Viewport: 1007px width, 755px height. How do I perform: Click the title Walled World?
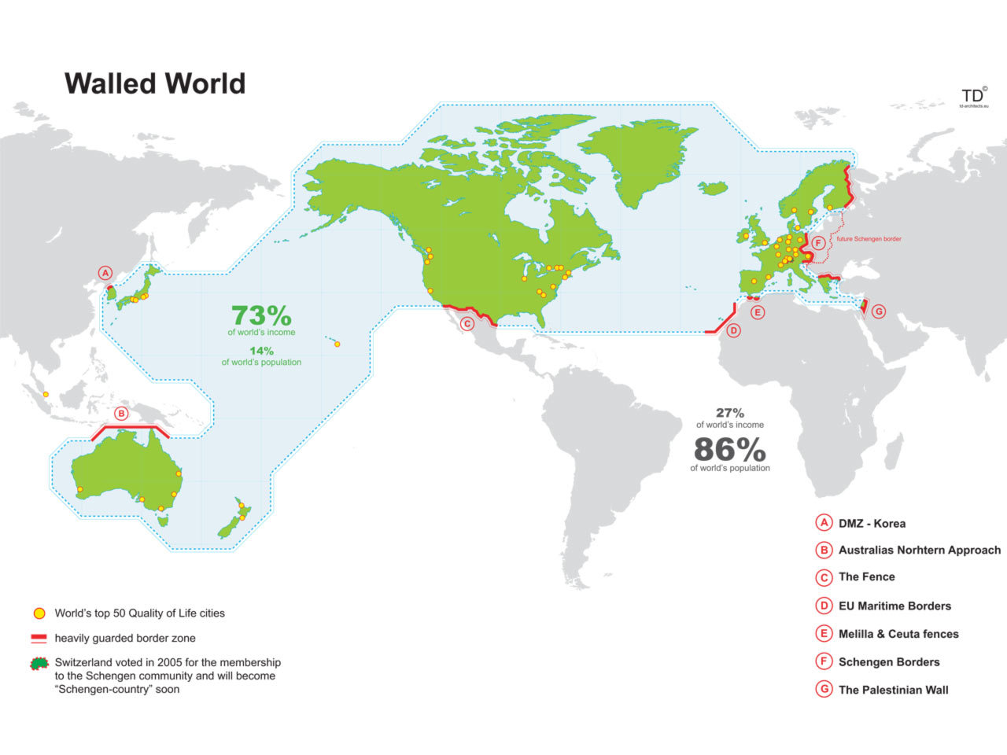(x=155, y=83)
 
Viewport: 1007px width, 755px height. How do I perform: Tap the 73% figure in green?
(x=261, y=315)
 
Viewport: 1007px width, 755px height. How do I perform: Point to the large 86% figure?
(x=729, y=450)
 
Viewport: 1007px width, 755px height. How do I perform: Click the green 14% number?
(x=261, y=351)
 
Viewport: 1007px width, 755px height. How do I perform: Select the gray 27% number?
(x=729, y=413)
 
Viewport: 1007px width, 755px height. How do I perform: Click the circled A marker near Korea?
(x=105, y=273)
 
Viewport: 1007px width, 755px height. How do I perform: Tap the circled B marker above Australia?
(x=121, y=413)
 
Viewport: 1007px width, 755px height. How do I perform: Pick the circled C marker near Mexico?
(x=467, y=322)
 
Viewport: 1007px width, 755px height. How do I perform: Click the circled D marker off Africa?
(x=733, y=330)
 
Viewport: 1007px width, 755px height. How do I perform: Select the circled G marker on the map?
(x=879, y=311)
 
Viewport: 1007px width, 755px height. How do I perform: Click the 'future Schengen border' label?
(x=869, y=239)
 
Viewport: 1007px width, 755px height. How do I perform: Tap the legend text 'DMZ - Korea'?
(x=872, y=523)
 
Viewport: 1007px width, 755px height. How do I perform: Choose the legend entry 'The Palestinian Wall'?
(x=893, y=690)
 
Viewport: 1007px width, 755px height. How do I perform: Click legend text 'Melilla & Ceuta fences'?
(x=898, y=634)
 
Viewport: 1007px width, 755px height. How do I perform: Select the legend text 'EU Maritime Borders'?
(x=894, y=606)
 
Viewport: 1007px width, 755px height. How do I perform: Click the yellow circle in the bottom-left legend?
(x=39, y=613)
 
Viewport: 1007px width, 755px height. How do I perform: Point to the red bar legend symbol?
(x=39, y=638)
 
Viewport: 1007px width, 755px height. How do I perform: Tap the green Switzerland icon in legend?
(x=39, y=663)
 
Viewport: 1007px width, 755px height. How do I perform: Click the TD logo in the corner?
(x=972, y=94)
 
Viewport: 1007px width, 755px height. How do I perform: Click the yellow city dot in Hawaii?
(x=337, y=343)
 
